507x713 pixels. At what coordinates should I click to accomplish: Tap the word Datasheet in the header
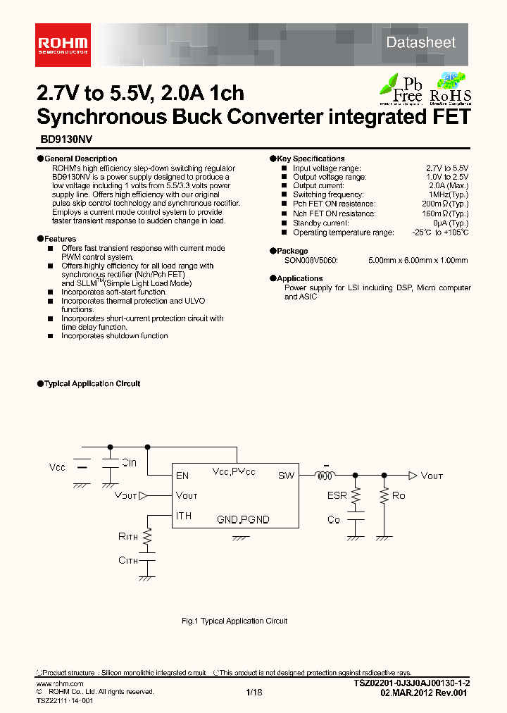click(421, 42)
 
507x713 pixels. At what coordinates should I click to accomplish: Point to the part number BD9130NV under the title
click(61, 140)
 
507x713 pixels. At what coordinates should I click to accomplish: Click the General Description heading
click(81, 159)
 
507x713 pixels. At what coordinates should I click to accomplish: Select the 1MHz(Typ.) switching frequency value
click(448, 194)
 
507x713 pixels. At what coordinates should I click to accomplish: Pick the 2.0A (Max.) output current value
click(448, 185)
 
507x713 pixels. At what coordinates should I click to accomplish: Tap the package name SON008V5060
click(311, 260)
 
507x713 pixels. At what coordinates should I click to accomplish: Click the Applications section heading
click(299, 278)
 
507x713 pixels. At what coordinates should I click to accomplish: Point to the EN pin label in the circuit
click(182, 476)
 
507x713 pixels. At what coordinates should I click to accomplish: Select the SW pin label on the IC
click(286, 476)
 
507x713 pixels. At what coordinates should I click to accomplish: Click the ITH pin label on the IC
click(184, 516)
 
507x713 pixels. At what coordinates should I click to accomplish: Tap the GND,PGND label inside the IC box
click(243, 520)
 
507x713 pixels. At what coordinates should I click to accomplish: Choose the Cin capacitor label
click(129, 463)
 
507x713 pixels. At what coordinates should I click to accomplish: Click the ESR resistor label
click(337, 495)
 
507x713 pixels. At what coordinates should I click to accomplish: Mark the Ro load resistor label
click(399, 495)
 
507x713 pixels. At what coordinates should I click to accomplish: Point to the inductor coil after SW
click(325, 476)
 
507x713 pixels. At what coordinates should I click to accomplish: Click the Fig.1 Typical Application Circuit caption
click(234, 621)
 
